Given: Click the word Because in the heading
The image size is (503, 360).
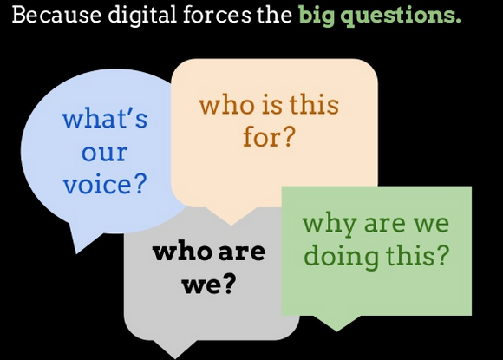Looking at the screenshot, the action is pyautogui.click(x=56, y=15).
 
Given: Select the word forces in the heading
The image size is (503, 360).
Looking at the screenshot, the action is pyautogui.click(x=217, y=15).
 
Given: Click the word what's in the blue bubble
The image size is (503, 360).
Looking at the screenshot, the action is pyautogui.click(x=105, y=118).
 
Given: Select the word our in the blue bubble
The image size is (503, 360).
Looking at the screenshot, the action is pyautogui.click(x=104, y=154).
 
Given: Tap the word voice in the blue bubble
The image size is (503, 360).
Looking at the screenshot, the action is pyautogui.click(x=97, y=184).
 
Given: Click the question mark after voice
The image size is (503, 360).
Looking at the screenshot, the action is pyautogui.click(x=140, y=184).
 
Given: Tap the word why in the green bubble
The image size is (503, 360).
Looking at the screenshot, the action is pyautogui.click(x=330, y=225).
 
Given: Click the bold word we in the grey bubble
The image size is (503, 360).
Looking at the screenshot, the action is pyautogui.click(x=201, y=285).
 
